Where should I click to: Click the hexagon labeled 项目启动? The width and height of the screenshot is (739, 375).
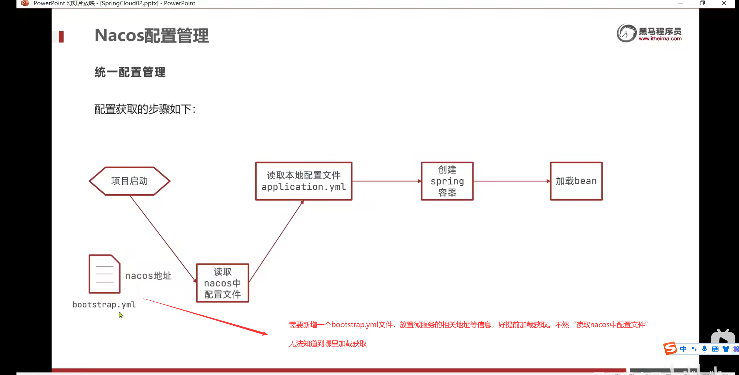tap(129, 181)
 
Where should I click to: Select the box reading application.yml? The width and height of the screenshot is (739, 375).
tap(303, 181)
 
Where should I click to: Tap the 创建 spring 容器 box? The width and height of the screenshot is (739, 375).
tap(447, 181)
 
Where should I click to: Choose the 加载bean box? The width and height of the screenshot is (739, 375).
tap(576, 181)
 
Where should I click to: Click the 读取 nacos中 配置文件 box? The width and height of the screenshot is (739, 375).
tap(222, 283)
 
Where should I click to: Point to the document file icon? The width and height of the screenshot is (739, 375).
tap(104, 274)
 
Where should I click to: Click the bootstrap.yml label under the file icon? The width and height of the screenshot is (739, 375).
tap(104, 305)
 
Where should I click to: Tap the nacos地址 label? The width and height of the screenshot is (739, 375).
tap(148, 276)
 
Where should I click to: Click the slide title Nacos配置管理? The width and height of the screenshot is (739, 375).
tap(152, 36)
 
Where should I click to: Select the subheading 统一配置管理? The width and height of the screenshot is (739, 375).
tap(130, 72)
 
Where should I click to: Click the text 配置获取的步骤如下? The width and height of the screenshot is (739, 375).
tap(145, 109)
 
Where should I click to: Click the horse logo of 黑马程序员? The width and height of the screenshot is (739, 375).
tap(626, 33)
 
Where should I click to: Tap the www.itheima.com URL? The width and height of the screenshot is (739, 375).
tap(660, 39)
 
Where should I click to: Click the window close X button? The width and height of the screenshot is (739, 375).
tap(724, 3)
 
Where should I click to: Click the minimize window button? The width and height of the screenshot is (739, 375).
tap(680, 3)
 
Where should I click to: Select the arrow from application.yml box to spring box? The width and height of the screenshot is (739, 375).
tap(386, 181)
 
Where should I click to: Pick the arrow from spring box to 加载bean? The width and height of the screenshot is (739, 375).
tap(512, 181)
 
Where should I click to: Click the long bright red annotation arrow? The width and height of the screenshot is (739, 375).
tap(206, 316)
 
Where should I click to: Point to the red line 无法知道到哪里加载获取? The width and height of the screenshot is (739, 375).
tap(328, 344)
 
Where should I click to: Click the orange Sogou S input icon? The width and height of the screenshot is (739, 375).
tap(670, 348)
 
